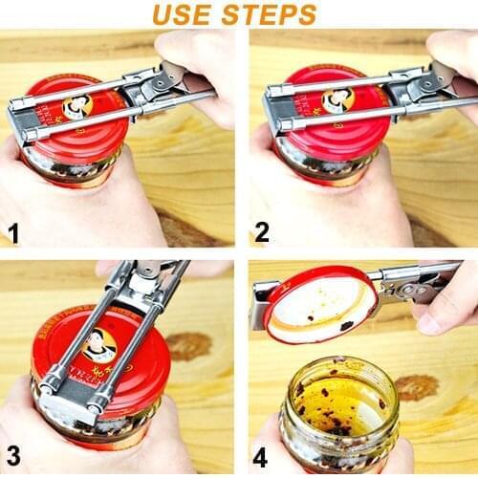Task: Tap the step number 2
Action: pyautogui.click(x=262, y=232)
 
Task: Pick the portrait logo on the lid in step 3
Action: pyautogui.click(x=100, y=346)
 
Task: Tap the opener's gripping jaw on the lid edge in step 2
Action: pyautogui.click(x=273, y=107)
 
